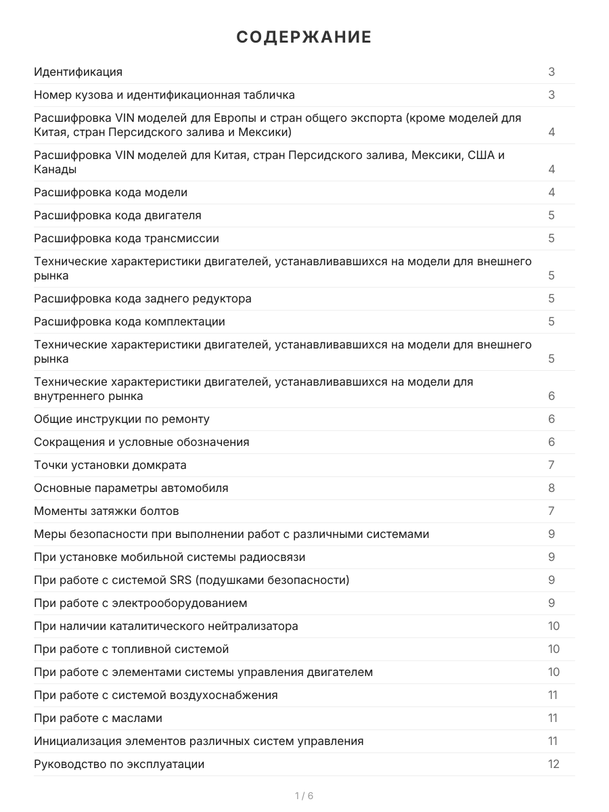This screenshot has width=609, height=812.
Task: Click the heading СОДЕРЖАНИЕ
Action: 304,37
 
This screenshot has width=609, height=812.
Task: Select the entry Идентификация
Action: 78,72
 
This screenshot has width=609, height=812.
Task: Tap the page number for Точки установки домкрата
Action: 551,465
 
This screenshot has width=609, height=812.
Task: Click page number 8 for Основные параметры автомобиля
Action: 551,488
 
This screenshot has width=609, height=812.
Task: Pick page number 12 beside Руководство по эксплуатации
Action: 554,764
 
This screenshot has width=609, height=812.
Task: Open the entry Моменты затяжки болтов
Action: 106,511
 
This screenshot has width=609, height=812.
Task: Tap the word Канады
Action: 55,169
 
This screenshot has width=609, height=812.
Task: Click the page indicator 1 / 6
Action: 304,796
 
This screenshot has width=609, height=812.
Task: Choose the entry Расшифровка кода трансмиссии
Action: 127,238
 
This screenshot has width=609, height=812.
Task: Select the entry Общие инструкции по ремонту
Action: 122,419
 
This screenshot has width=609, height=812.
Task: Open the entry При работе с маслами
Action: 98,718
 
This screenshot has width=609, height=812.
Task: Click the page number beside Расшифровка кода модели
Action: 551,192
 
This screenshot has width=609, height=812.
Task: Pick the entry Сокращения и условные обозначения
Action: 141,442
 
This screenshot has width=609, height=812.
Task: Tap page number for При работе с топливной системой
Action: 554,649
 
